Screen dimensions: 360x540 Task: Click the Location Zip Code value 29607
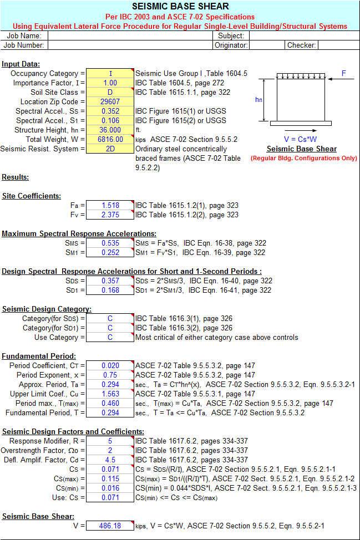pos(110,101)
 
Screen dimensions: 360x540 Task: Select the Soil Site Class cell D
pos(110,92)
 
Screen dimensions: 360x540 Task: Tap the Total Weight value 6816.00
pos(110,140)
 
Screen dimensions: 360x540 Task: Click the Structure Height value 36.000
pos(110,130)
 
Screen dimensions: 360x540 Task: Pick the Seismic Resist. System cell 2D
pos(110,149)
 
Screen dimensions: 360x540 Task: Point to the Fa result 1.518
pos(110,205)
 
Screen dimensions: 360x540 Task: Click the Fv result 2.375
pos(110,215)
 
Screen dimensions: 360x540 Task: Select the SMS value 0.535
pos(110,243)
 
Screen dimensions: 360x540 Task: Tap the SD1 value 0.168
pos(110,291)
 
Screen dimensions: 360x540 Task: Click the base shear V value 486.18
pos(110,526)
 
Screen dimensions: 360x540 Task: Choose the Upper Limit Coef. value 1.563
pos(110,394)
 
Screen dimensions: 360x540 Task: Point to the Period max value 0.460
pos(110,403)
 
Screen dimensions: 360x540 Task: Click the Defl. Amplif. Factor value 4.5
pos(110,460)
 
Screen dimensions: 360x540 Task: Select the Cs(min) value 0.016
pos(110,488)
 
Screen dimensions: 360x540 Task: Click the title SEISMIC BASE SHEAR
pos(180,7)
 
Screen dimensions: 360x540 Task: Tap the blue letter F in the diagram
pos(343,73)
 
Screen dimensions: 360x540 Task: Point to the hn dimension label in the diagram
pos(258,100)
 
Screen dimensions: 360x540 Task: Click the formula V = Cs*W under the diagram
pos(300,140)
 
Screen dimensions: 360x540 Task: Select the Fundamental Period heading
pos(39,356)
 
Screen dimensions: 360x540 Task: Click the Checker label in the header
pos(301,45)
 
